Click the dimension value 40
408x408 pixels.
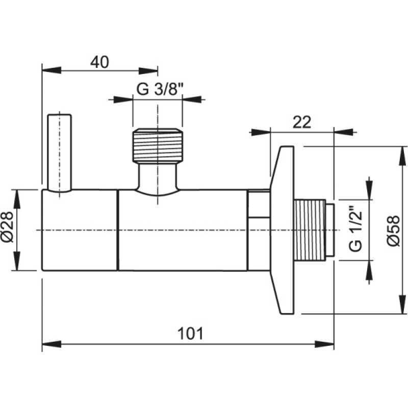pos(99,62)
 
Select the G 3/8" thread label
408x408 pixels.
pos(160,90)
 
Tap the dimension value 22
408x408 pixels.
pos(302,122)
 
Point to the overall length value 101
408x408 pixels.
pos(190,334)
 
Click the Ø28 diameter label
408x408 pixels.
pos(7,227)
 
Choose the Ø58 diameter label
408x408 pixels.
pos(393,231)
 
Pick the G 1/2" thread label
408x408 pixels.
pos(355,229)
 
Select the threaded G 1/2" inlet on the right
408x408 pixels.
pos(310,230)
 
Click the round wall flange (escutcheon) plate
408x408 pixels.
pos(282,231)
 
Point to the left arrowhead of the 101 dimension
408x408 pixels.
pos(52,344)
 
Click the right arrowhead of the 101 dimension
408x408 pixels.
pos(324,344)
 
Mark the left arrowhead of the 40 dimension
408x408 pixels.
pos(52,70)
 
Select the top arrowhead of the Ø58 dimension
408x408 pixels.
pos(402,156)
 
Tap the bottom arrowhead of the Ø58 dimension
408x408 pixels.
pos(402,304)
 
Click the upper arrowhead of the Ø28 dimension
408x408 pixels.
pos(17,199)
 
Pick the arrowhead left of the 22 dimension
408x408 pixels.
pos(261,132)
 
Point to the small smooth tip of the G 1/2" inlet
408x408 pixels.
pos(330,230)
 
